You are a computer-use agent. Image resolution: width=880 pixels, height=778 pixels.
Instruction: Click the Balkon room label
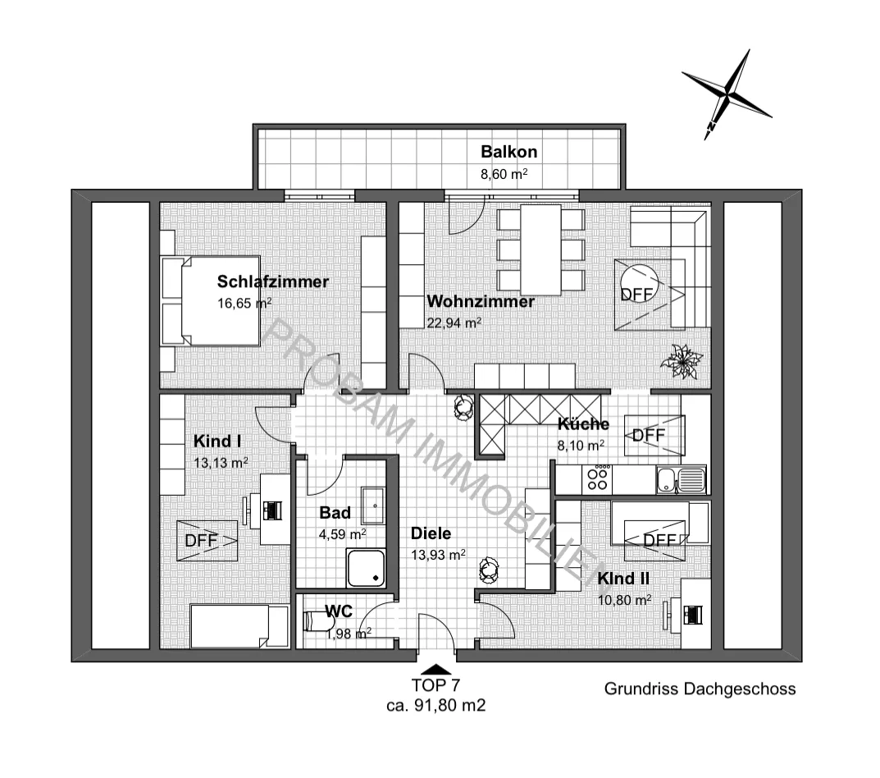509,152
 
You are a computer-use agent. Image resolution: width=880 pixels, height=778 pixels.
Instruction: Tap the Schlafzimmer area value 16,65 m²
244,304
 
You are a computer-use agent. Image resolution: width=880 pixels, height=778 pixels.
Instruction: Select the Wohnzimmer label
481,301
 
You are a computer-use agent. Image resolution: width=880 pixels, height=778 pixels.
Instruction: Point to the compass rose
727,94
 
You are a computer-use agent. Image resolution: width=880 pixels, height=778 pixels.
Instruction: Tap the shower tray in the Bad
366,568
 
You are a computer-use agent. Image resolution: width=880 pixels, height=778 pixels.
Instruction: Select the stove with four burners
597,480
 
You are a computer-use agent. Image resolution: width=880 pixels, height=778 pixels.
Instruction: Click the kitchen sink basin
666,480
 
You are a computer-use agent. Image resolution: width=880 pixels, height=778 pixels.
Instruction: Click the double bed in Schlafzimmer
211,301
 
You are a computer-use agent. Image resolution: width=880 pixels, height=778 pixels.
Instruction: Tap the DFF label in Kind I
201,540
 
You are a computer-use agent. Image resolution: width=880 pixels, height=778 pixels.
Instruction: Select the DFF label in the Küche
648,435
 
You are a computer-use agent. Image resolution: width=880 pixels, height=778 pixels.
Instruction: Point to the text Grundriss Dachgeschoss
700,689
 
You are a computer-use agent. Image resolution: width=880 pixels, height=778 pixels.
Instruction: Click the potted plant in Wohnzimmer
682,361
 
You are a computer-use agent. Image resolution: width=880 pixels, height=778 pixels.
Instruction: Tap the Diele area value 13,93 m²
438,555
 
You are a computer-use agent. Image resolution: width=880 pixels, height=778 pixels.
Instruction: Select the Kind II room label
623,579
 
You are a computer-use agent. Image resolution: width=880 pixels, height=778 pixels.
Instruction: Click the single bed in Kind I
239,626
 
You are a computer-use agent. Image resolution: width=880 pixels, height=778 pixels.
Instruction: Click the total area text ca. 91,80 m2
436,705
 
